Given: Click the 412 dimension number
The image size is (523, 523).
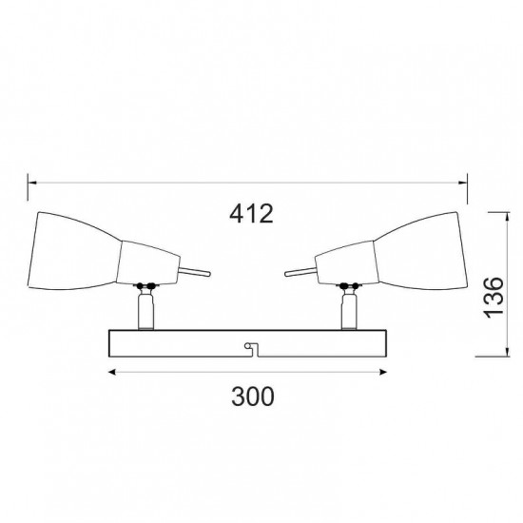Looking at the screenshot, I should tap(251, 214).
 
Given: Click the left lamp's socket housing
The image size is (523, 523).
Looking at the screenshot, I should tap(148, 261).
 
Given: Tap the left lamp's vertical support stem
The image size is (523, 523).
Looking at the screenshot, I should tap(145, 310).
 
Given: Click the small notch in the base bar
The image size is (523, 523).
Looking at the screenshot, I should tap(250, 347).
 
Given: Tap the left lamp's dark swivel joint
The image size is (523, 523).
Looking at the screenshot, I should tap(145, 285).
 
